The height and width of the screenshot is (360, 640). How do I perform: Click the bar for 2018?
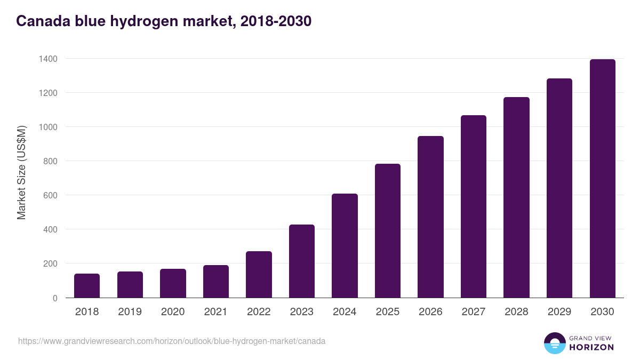coord(87,286)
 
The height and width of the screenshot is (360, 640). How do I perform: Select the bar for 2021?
coord(216,282)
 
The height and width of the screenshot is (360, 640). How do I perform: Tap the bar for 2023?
coord(302,261)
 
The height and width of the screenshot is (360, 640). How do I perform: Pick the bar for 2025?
coord(388,231)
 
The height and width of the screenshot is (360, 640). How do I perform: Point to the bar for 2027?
coord(474,206)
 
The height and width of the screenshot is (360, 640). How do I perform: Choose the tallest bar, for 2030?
coord(602,179)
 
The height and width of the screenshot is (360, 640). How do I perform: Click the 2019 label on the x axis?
coord(130,312)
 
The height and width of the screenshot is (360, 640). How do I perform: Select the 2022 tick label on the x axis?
coord(259,312)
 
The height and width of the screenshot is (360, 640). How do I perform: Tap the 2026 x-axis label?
coord(430,312)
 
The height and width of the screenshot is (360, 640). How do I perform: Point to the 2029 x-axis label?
coord(559,312)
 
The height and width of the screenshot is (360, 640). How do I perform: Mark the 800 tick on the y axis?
coord(50,161)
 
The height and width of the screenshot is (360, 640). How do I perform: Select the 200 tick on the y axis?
coord(50,263)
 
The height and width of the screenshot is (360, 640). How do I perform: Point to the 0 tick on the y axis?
coord(55,298)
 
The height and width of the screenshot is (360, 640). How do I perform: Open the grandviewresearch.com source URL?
coord(172,341)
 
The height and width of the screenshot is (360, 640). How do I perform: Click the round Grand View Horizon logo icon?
coord(554,343)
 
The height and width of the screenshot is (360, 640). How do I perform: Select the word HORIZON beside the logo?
coord(591,347)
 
